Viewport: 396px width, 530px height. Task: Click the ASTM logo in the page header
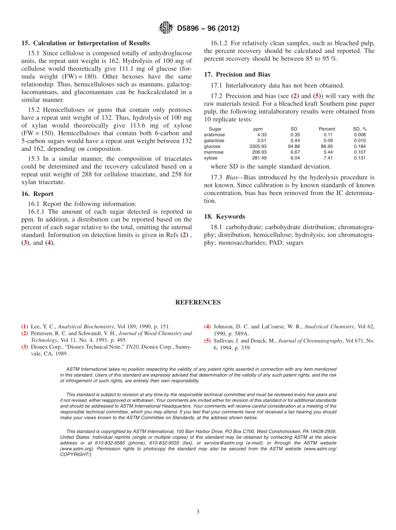pos(166,28)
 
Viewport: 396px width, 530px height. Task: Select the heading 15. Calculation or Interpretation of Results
pos(85,43)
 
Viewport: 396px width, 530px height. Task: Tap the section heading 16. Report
pos(37,194)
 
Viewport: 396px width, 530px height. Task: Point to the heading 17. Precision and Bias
pos(237,75)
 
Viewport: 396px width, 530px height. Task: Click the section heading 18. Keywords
pos(225,217)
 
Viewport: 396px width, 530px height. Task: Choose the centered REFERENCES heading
pos(198,302)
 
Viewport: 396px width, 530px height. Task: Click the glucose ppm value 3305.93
pos(258,147)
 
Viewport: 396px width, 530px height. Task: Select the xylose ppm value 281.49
pos(259,158)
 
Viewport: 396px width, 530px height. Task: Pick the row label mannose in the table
pos(213,152)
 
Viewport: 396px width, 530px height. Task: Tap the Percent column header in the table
pos(327,129)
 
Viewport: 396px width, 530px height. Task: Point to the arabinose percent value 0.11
pos(328,135)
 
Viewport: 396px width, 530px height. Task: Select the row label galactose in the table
pos(214,141)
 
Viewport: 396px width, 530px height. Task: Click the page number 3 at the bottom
pos(198,512)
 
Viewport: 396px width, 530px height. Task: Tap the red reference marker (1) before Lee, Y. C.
pos(25,327)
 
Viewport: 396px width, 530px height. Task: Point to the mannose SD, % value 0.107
pos(360,152)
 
